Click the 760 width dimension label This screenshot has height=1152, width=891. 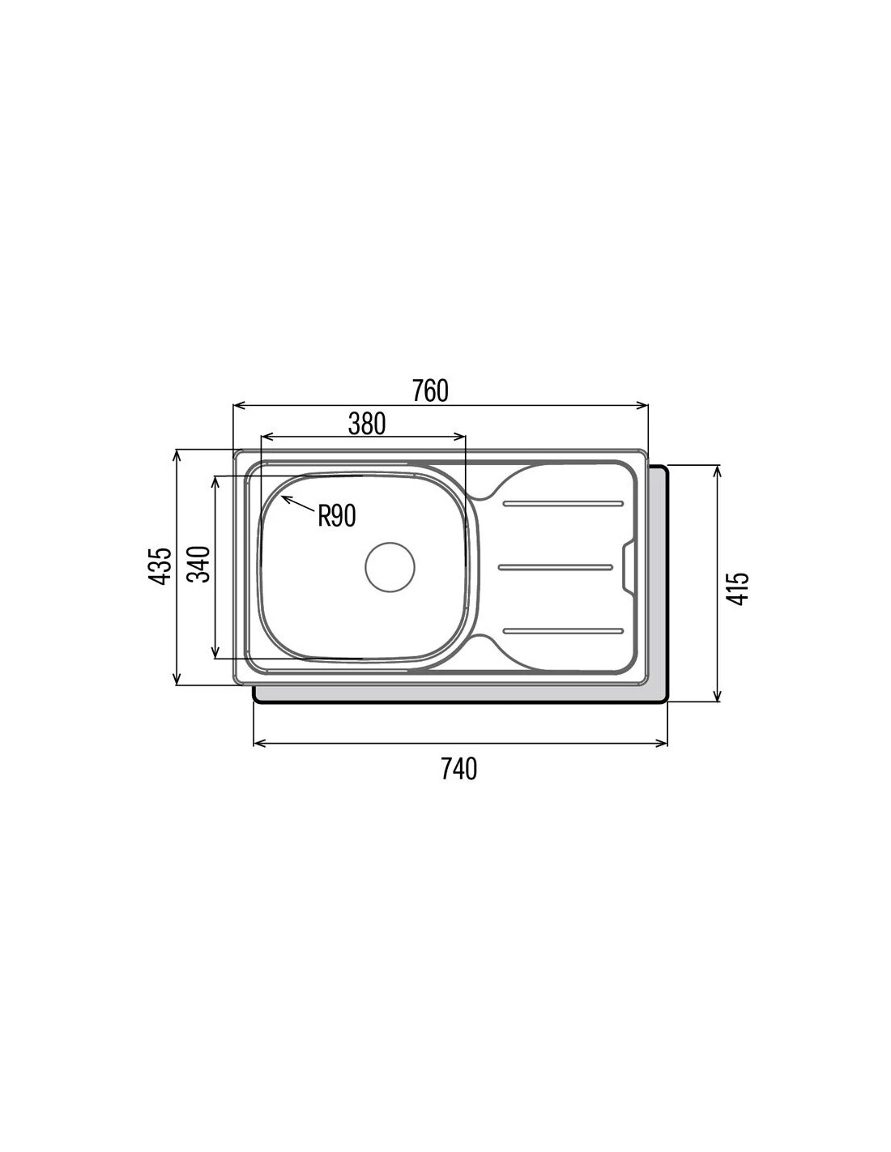pos(430,390)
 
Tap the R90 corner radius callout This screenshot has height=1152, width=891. pos(337,515)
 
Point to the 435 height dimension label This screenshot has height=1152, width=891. pos(160,566)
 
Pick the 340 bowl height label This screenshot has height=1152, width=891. pos(199,564)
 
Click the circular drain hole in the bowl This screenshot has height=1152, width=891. pos(390,567)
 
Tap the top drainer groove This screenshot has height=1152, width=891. pos(564,503)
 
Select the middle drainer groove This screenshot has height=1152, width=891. pos(556,567)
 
